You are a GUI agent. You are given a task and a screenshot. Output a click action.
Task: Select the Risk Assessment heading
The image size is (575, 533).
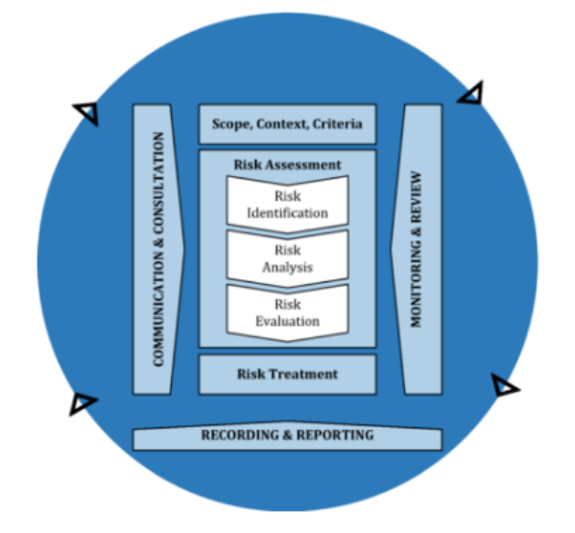coord(288,165)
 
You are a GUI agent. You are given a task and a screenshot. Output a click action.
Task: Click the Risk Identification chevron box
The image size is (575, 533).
coord(288,205)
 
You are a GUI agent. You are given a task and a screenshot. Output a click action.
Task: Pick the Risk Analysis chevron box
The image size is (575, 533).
coord(288,259)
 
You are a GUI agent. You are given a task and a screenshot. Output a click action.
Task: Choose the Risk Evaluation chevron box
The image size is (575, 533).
coord(288,313)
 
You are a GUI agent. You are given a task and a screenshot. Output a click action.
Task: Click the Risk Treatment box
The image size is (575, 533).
coord(288,375)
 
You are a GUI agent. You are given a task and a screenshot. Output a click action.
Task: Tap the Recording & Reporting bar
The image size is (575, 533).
coord(288,435)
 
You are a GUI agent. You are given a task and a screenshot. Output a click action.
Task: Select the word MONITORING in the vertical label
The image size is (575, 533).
coord(417,282)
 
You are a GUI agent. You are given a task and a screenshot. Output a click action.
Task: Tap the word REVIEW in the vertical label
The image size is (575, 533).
coord(417,197)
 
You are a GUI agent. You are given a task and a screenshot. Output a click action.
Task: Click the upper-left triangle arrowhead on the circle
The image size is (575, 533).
coord(87,112)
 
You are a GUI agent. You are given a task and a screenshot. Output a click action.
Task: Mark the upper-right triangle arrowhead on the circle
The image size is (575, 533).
coord(471,93)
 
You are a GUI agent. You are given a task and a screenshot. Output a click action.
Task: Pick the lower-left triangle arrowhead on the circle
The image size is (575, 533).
coord(83,403)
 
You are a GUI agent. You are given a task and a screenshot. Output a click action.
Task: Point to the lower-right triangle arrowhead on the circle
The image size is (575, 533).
coord(505,385)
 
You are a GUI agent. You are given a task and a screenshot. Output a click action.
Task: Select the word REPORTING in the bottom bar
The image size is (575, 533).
coord(335,435)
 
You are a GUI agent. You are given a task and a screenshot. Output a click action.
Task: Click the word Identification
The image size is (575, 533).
coord(288,213)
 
